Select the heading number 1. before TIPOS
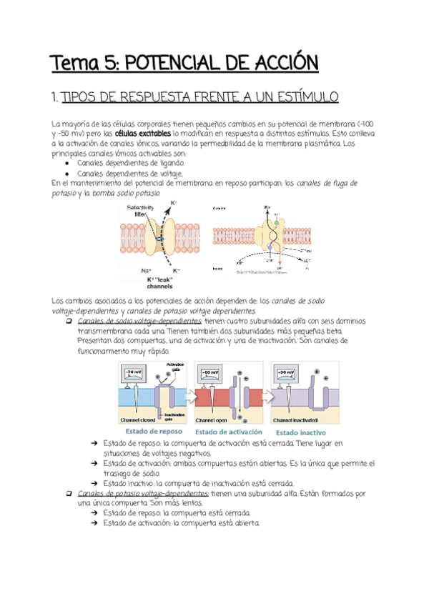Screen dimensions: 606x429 (56, 97)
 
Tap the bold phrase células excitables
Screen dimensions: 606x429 (143, 134)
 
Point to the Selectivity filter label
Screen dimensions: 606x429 (139, 210)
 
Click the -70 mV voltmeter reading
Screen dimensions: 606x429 (134, 373)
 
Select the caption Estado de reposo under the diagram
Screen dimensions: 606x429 (154, 431)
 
